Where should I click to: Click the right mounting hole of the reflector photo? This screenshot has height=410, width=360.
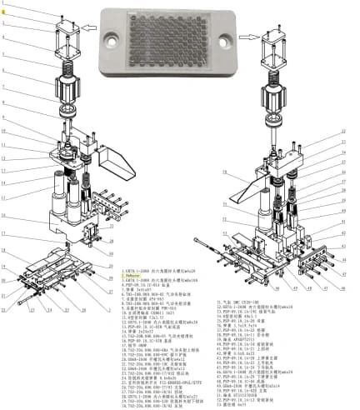(x=223, y=37)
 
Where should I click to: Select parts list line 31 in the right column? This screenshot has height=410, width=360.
(x=242, y=301)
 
